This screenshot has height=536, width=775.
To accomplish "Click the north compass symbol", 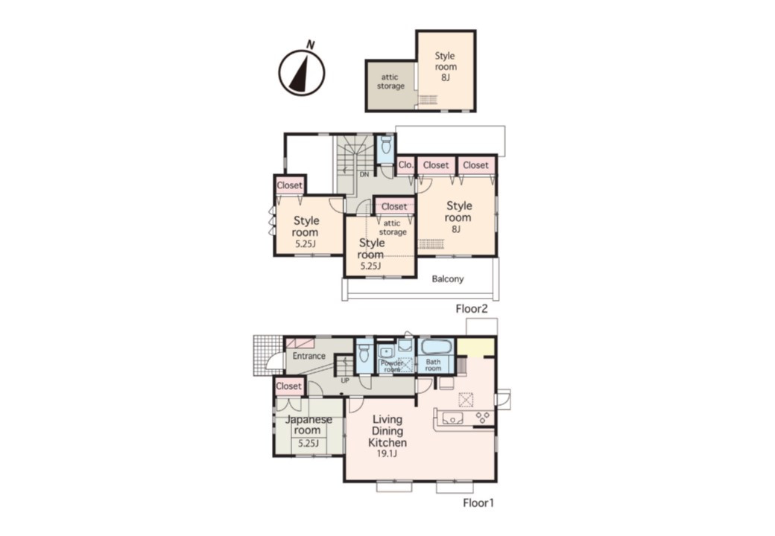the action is point(302,72).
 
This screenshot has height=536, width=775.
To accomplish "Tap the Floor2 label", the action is point(472,309).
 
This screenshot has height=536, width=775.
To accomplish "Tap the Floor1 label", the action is point(478,503).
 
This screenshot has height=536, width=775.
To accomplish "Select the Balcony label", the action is point(448,279).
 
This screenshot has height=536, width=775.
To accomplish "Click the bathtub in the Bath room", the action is point(435,346).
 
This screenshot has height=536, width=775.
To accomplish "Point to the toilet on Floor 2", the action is point(386,146).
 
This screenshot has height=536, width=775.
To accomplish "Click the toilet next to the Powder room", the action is point(364,352).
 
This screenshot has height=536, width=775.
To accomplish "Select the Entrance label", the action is point(309,356).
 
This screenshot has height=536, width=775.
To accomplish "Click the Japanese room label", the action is point(309,425).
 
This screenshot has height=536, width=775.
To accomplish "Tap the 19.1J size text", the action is point(387,454).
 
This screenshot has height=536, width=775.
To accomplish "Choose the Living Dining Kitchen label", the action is point(387,431).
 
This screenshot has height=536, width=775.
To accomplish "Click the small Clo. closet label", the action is point(406,165).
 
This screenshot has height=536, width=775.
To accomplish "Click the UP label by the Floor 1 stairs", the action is point(345,380).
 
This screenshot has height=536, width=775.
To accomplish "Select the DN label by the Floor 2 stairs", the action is point(364,174).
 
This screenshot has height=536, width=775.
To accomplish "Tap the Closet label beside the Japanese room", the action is point(288,386).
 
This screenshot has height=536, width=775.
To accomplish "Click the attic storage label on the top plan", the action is point(390,81).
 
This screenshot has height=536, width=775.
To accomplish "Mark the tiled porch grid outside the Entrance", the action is point(268,355).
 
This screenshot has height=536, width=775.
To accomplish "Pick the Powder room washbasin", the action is point(385,352).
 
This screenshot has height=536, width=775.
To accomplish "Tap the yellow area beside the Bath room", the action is point(475,347).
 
